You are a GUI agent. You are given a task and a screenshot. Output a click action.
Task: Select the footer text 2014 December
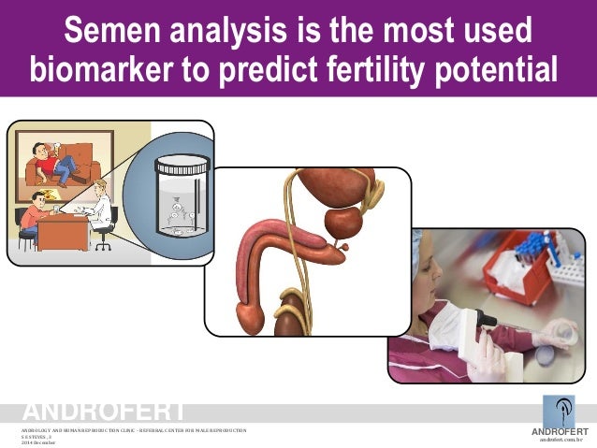[38, 441]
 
